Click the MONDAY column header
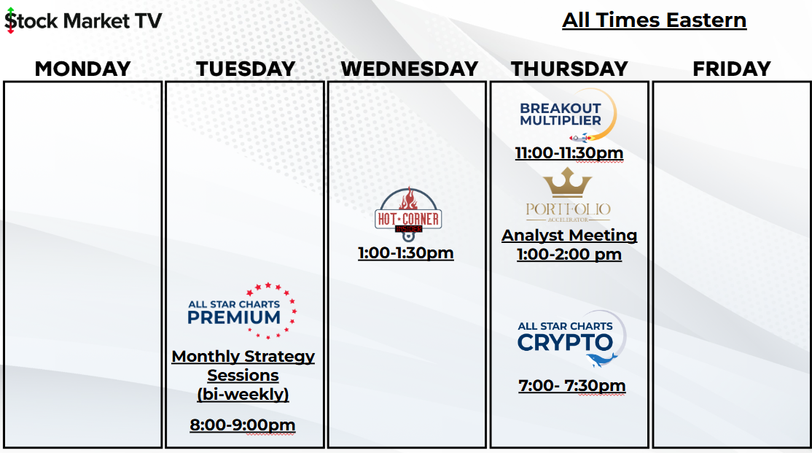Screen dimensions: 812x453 tap(83, 69)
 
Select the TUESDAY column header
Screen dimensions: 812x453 tap(246, 69)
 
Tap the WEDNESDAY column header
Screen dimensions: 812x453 tap(409, 69)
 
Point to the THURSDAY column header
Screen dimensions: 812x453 tap(569, 69)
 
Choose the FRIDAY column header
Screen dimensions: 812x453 tap(732, 69)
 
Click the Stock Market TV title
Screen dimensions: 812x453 tap(83, 20)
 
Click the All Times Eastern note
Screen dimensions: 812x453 tap(654, 20)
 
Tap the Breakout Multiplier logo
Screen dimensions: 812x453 tap(568, 115)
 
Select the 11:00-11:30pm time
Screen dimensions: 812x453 tap(569, 153)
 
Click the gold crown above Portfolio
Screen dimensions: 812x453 tap(568, 182)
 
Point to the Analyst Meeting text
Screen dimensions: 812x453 tap(569, 236)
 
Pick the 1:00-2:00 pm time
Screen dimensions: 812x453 tap(569, 255)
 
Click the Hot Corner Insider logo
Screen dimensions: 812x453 tap(408, 214)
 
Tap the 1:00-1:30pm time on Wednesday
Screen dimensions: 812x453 tap(406, 253)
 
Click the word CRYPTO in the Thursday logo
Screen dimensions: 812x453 tap(565, 343)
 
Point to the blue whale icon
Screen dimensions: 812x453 tap(601, 360)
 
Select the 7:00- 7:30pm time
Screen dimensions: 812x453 tap(571, 386)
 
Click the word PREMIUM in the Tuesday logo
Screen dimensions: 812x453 tap(234, 317)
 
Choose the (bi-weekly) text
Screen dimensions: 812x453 tap(243, 394)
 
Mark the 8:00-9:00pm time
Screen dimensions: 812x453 tap(242, 425)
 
